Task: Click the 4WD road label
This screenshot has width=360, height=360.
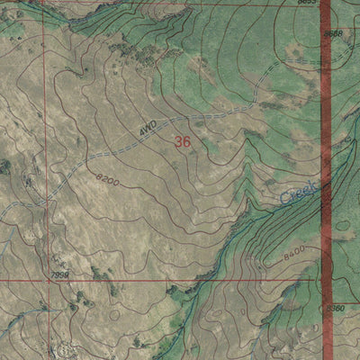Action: (x=148, y=129)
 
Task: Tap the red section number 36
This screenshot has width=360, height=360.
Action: (x=183, y=141)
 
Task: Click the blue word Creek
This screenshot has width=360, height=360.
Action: (x=298, y=192)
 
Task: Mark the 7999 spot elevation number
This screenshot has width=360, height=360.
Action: (x=61, y=274)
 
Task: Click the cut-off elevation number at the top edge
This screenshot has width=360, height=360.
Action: (x=308, y=3)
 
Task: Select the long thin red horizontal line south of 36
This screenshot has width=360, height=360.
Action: (x=180, y=279)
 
